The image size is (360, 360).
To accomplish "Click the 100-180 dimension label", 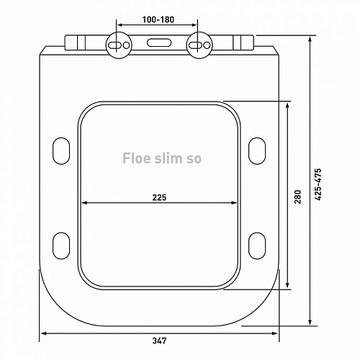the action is click(158, 19).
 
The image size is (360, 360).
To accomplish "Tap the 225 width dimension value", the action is click(159, 197).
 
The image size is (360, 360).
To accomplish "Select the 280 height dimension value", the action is click(297, 197).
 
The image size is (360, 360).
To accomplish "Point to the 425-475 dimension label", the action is click(318, 184).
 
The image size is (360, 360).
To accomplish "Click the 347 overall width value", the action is click(159, 341).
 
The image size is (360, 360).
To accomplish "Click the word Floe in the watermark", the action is click(134, 158).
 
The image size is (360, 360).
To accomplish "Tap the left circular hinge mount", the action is click(119, 45).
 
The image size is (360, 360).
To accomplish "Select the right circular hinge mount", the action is click(199, 45).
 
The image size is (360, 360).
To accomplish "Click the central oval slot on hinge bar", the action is click(159, 43).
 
